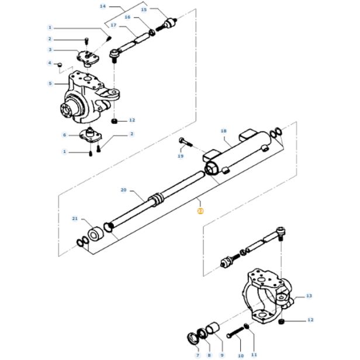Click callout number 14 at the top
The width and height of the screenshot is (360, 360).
point(102,6)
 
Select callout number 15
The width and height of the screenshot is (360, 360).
point(144,9)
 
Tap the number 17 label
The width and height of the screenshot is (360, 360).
point(113,25)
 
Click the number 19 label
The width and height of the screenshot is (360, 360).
point(181,157)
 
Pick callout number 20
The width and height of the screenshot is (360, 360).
point(123,190)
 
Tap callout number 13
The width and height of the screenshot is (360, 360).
point(310,297)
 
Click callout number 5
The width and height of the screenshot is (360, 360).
point(50,84)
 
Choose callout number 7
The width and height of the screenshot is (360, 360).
point(198,355)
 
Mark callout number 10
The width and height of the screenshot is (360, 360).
point(240,355)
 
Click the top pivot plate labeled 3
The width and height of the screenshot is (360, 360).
point(88,57)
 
